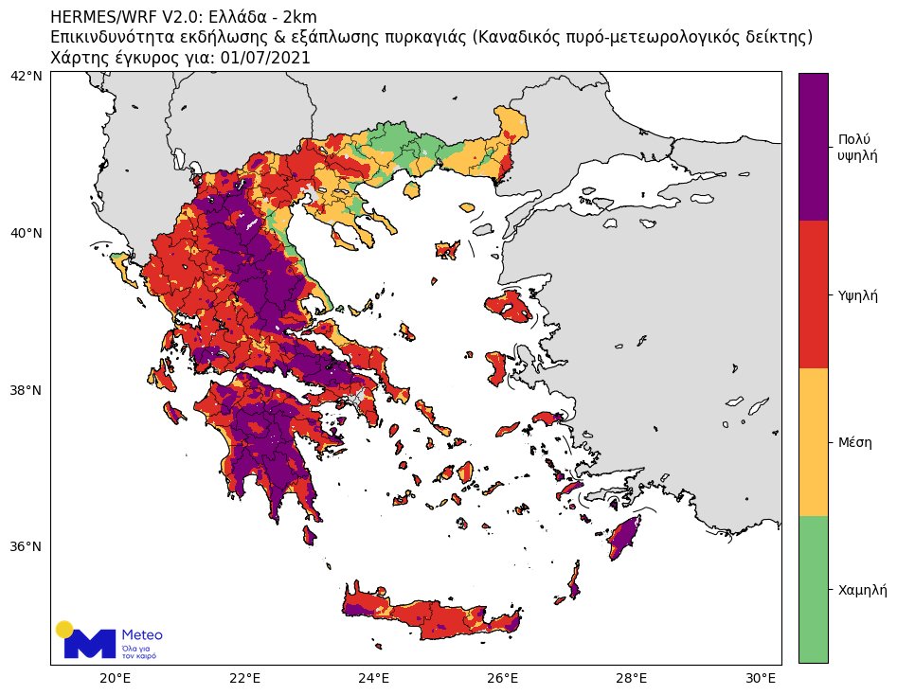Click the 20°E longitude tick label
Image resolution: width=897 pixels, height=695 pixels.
click(115, 678)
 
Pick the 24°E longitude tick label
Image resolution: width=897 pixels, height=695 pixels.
click(373, 678)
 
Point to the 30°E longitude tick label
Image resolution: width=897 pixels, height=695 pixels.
click(762, 678)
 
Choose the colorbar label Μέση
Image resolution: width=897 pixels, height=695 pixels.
click(855, 442)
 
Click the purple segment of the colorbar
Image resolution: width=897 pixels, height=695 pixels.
click(813, 147)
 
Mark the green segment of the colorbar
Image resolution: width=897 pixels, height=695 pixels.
click(813, 589)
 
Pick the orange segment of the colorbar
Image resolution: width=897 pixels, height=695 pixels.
click(813, 442)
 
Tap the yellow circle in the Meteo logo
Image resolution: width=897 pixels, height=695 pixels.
click(64, 629)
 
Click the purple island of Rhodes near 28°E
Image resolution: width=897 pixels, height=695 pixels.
click(624, 538)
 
